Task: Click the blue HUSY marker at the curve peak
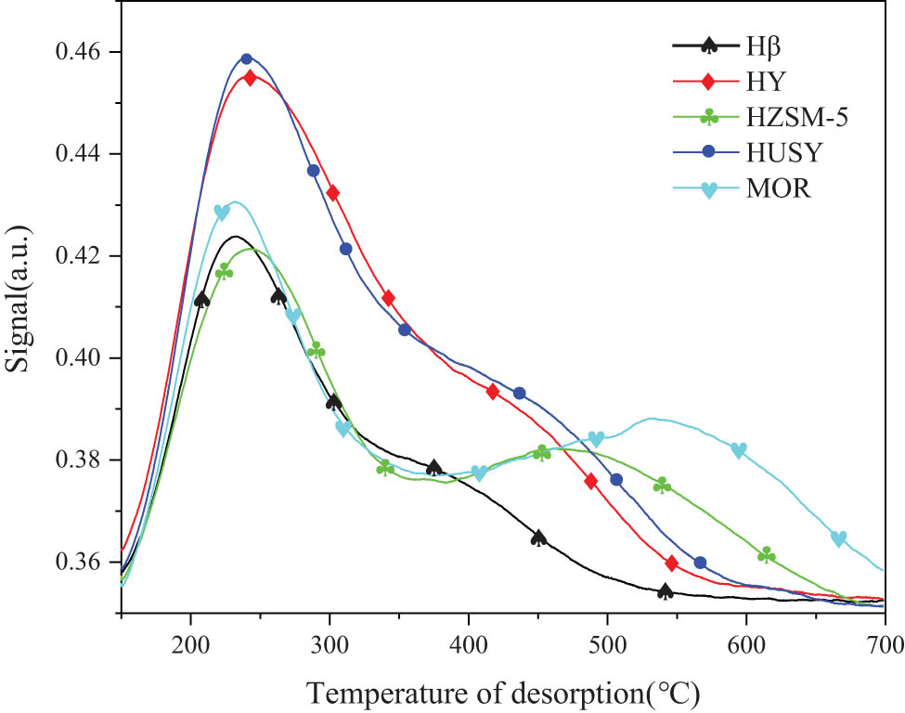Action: (x=247, y=59)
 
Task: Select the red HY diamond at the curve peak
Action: (x=250, y=77)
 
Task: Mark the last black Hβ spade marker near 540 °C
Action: (x=665, y=590)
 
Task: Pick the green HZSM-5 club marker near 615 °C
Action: (x=767, y=554)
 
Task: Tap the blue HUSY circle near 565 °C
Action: (x=700, y=563)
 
